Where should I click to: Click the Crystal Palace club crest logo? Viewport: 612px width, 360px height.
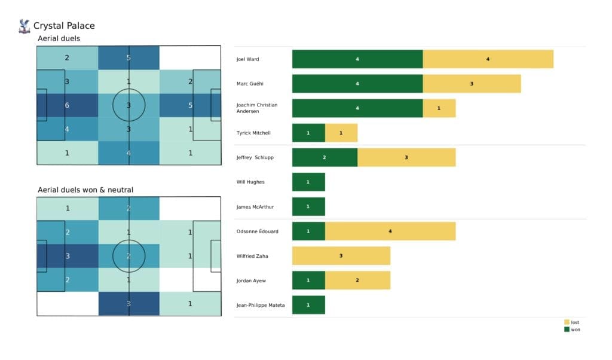coord(25,26)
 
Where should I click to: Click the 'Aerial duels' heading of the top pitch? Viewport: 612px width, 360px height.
coord(59,38)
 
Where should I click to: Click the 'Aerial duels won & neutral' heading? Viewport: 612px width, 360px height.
coord(85,190)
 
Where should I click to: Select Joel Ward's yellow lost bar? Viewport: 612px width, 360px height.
coord(488,59)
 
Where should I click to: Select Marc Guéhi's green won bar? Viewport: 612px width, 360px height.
coord(357,84)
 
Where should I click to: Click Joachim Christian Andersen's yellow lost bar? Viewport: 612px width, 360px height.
coord(439,108)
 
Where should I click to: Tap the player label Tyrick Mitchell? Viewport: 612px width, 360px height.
coord(253,133)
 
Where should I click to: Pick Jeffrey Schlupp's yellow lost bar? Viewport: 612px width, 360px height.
coord(406,157)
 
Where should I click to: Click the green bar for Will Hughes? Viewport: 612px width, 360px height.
coord(308,182)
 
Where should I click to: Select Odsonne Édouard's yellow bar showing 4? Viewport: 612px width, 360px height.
coord(390,231)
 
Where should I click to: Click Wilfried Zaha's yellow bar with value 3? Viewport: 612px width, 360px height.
coord(341,255)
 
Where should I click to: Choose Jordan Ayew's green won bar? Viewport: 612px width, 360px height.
coord(308,280)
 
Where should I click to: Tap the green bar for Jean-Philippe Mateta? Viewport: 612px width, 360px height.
coord(308,304)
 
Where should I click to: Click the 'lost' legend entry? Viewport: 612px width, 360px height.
coord(572,322)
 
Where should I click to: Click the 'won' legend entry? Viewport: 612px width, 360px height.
coord(572,329)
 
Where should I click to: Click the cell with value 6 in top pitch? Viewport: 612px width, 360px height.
coord(67,105)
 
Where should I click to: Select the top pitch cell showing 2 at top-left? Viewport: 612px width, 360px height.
coord(67,58)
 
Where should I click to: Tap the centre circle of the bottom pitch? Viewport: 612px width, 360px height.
coord(128,256)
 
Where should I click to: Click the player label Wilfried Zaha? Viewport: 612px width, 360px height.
coord(252,255)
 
